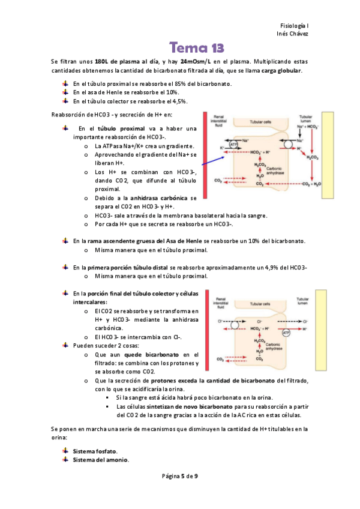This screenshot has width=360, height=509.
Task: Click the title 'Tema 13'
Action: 196,47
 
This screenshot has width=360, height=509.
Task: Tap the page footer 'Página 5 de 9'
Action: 180,476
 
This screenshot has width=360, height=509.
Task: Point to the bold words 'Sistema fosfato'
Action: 95,451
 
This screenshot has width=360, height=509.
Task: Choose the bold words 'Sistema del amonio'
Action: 100,460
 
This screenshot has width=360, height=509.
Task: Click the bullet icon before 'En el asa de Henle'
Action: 65,92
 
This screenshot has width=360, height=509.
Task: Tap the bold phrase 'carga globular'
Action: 281,71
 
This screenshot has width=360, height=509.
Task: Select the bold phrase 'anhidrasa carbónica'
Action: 158,198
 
